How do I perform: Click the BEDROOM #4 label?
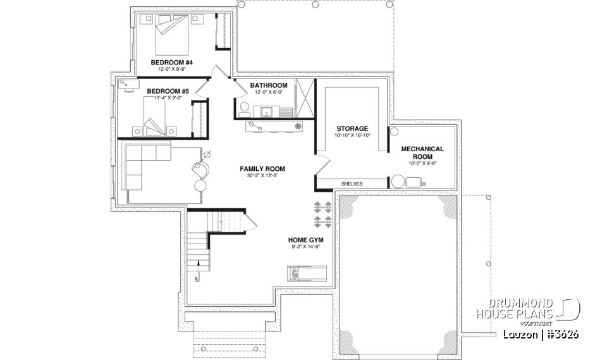coord(171,63)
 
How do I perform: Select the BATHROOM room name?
coord(268,85)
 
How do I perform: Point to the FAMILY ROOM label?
coord(262,169)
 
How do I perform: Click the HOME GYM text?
coord(307,240)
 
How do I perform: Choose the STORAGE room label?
coord(352,128)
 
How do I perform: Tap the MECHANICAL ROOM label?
coord(422,152)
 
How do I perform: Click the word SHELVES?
coord(352,183)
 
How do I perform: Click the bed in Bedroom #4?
coord(171,34)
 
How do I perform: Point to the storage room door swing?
coord(322,166)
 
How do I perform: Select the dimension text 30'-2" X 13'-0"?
coord(262,176)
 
